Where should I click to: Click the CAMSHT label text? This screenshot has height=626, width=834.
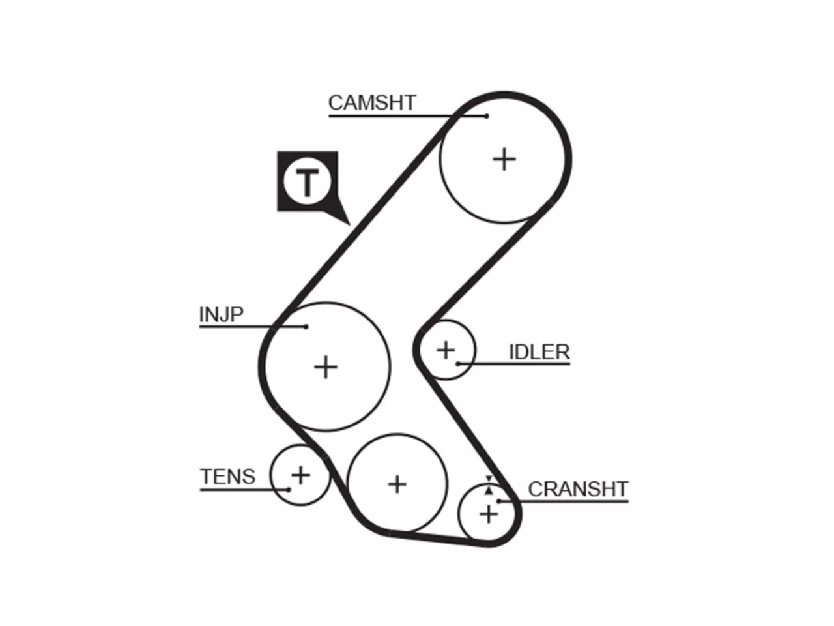click(x=372, y=102)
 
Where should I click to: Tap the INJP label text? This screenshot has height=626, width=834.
click(x=221, y=314)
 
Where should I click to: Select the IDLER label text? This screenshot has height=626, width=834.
click(x=539, y=352)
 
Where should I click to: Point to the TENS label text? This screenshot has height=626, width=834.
click(x=227, y=477)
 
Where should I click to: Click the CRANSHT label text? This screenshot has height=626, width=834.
click(x=578, y=489)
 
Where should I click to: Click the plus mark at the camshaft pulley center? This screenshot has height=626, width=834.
click(x=504, y=159)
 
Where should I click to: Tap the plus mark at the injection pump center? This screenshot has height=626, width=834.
click(x=326, y=367)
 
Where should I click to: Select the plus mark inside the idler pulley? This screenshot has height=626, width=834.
click(x=446, y=350)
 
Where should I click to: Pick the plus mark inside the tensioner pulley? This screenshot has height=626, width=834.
click(x=300, y=475)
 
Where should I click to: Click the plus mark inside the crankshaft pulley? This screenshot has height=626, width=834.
click(x=489, y=515)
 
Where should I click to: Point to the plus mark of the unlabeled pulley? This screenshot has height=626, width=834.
click(x=397, y=484)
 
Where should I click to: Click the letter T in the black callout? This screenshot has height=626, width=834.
click(x=308, y=182)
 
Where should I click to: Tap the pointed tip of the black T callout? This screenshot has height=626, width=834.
click(x=349, y=224)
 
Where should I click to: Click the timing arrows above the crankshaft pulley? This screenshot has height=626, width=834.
click(x=489, y=485)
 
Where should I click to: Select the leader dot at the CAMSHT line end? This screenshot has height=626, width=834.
click(x=487, y=116)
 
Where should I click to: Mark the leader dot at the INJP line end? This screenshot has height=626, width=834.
click(x=306, y=327)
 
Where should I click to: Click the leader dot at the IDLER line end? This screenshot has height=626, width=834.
click(x=458, y=364)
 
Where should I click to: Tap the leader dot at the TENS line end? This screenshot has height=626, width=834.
click(x=289, y=490)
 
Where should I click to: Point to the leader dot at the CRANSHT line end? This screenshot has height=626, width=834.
click(x=498, y=501)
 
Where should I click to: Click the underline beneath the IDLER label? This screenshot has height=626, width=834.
click(x=514, y=364)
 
